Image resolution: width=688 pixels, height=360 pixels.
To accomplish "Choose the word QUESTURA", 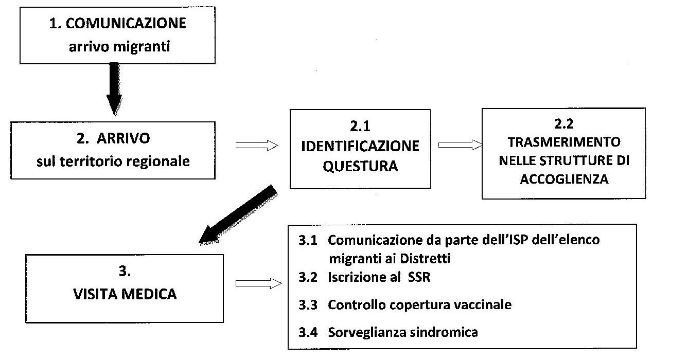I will pos(360,166).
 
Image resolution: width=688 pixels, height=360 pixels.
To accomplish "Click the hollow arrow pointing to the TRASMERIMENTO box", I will pos(458,146).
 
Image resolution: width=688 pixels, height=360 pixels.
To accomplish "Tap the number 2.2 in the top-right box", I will pos(564,123).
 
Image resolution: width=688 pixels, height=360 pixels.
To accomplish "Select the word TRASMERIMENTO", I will pos(564,141).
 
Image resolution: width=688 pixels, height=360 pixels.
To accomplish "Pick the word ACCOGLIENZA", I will pos(564,179).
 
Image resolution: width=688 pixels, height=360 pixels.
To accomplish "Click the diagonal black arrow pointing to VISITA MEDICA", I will pos(238,214).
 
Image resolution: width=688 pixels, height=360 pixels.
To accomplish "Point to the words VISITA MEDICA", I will pos(125,294).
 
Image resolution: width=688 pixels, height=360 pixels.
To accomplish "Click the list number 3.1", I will pos(307,240).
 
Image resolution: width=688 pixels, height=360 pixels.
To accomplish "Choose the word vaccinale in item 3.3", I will pos(486,304).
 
